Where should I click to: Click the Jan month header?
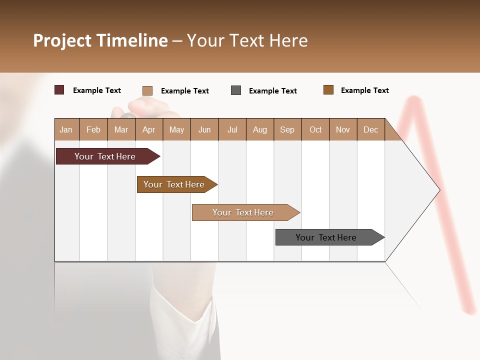pyautogui.click(x=66, y=129)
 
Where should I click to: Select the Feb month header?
pyautogui.click(x=93, y=129)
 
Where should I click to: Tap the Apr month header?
pyautogui.click(x=148, y=129)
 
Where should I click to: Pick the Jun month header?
pyautogui.click(x=204, y=129)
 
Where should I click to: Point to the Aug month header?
pyautogui.click(x=260, y=129)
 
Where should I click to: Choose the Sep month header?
pyautogui.click(x=287, y=129)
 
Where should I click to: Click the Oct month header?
pyautogui.click(x=315, y=129)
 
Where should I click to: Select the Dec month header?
pyautogui.click(x=371, y=129)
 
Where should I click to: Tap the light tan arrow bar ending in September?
pyautogui.click(x=244, y=212)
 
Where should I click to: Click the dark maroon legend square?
pyautogui.click(x=59, y=90)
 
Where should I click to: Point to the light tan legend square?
pyautogui.click(x=147, y=90)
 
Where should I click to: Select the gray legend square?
pyautogui.click(x=236, y=90)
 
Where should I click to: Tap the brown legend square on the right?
pyautogui.click(x=328, y=90)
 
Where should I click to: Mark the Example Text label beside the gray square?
pyautogui.click(x=272, y=91)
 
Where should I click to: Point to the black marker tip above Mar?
pyautogui.click(x=128, y=116)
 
